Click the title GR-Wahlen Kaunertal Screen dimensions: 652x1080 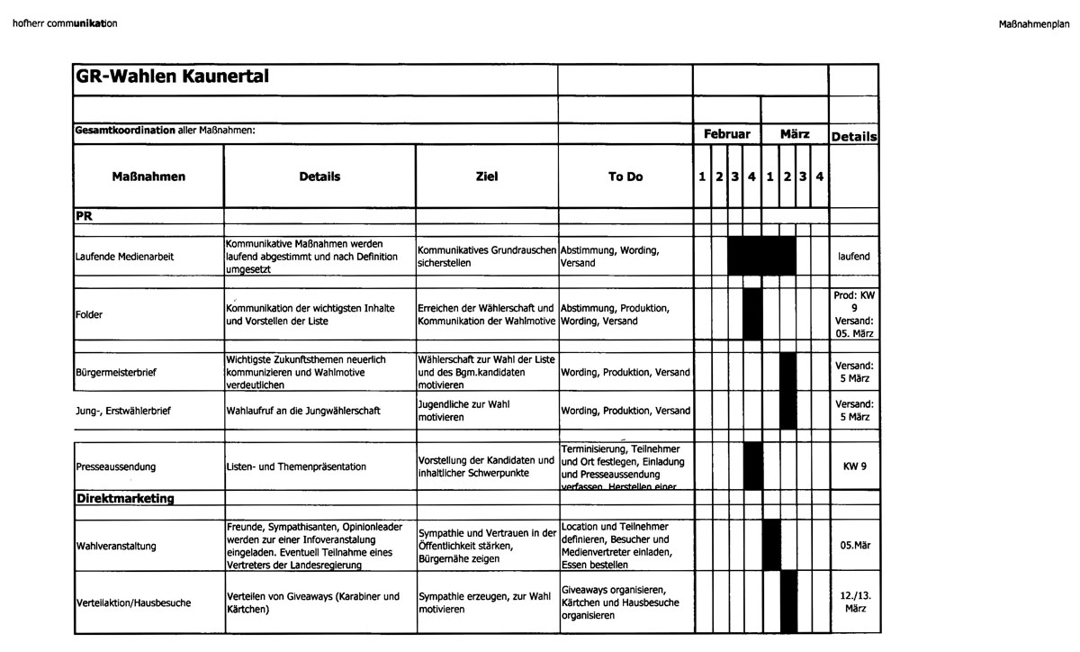point(171,77)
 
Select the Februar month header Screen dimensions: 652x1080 point(726,133)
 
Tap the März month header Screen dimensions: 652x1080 point(795,133)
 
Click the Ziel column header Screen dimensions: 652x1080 point(486,177)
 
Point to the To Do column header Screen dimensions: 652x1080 point(625,177)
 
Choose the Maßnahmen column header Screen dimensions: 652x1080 point(148,177)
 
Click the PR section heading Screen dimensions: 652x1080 point(85,216)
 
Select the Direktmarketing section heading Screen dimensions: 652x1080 point(125,498)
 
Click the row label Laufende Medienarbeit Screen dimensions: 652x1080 point(125,257)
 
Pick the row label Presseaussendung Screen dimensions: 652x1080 point(116,466)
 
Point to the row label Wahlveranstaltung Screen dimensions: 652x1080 point(116,546)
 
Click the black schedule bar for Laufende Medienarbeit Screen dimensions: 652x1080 point(761,256)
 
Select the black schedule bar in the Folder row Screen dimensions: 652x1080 point(753,314)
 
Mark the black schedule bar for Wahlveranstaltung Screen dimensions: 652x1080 point(771,545)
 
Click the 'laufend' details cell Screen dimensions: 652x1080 point(853,257)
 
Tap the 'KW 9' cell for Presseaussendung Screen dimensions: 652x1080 point(853,466)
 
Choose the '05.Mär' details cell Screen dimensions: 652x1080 point(853,546)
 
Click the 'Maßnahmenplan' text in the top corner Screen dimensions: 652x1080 point(1034,23)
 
